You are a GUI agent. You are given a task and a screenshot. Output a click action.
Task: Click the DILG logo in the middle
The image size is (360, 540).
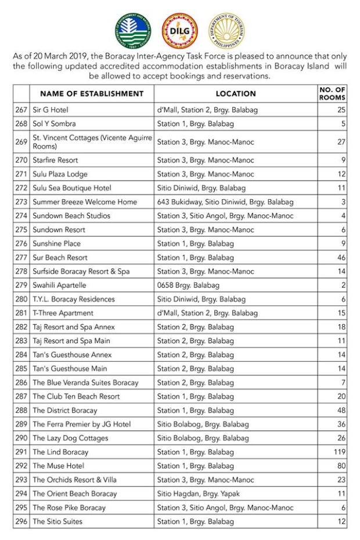click(180, 30)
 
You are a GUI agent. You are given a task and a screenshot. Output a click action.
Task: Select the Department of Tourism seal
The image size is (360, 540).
click(226, 30)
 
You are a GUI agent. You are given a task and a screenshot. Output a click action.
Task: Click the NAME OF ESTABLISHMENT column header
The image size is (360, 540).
click(92, 93)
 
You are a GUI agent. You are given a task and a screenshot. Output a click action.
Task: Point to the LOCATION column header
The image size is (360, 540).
click(236, 93)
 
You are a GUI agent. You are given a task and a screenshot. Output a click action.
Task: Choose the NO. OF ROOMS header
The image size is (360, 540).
click(332, 93)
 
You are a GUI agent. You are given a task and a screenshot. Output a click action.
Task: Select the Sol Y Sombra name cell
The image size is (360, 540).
click(54, 124)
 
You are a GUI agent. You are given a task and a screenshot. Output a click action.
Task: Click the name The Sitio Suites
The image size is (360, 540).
click(57, 522)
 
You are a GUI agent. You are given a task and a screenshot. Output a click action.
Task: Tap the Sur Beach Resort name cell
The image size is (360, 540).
click(60, 257)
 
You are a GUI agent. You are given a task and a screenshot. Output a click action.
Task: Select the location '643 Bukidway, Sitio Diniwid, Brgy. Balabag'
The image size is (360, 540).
click(225, 202)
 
